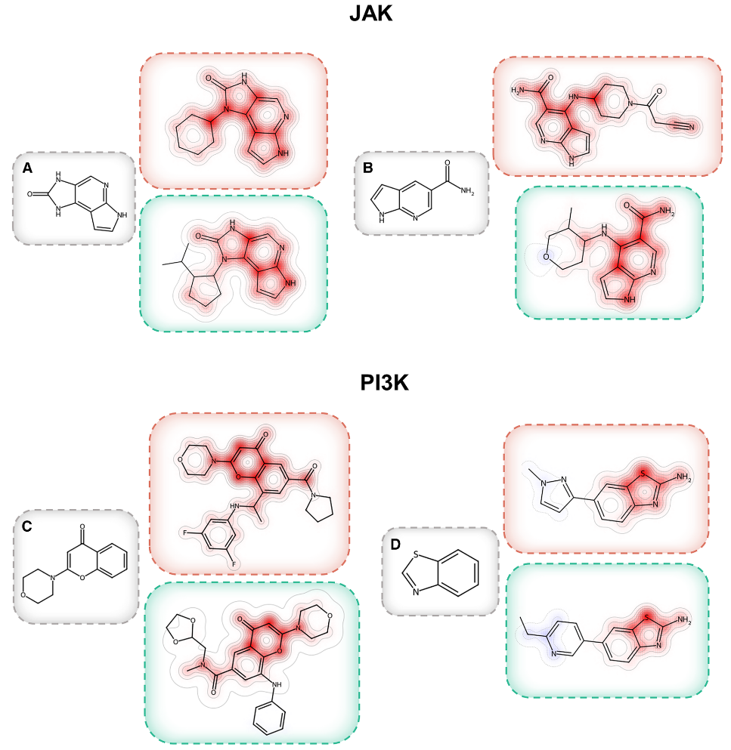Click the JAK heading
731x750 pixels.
point(370,14)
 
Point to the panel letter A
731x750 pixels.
point(28,169)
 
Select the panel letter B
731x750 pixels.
point(369,168)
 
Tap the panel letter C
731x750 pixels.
point(28,526)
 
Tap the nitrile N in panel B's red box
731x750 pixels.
point(691,128)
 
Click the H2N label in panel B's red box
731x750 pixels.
point(519,91)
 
